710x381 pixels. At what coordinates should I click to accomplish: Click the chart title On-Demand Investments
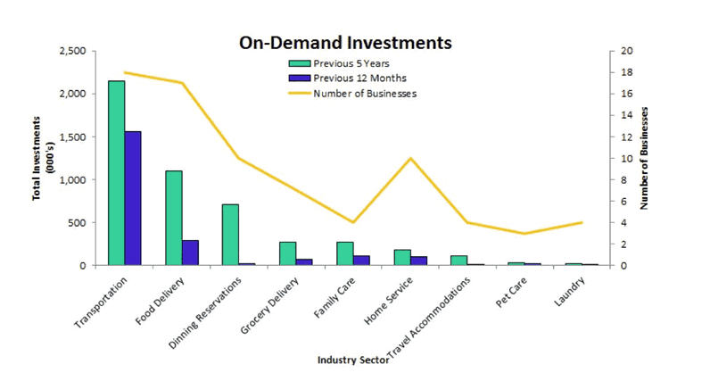[345, 42]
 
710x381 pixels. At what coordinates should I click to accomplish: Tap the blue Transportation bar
[133, 198]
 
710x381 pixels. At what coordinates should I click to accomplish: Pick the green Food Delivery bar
[174, 218]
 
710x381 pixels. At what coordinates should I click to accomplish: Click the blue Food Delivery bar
[190, 253]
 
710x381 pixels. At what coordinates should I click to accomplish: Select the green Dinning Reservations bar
[230, 235]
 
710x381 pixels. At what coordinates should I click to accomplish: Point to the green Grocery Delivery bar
[287, 253]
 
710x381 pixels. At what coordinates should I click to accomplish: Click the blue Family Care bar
[361, 261]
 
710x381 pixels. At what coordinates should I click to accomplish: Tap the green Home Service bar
[401, 258]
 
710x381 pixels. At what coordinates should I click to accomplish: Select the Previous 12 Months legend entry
[354, 78]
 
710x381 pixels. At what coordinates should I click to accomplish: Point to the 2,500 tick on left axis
[71, 51]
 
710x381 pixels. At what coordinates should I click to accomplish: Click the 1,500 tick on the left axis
[71, 137]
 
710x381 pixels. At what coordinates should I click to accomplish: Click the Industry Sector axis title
[352, 360]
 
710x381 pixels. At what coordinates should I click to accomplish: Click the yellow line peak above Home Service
[409, 159]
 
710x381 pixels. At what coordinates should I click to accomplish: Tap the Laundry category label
[569, 290]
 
